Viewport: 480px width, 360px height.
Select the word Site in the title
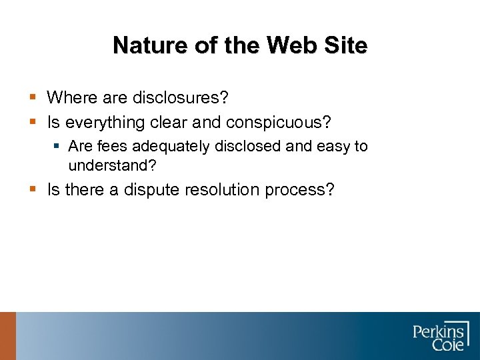point(345,45)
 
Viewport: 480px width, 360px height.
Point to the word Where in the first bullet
point(71,98)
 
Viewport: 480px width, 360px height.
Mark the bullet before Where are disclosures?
point(33,99)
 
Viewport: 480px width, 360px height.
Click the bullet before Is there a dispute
point(33,191)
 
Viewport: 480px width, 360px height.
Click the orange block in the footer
point(7,336)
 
